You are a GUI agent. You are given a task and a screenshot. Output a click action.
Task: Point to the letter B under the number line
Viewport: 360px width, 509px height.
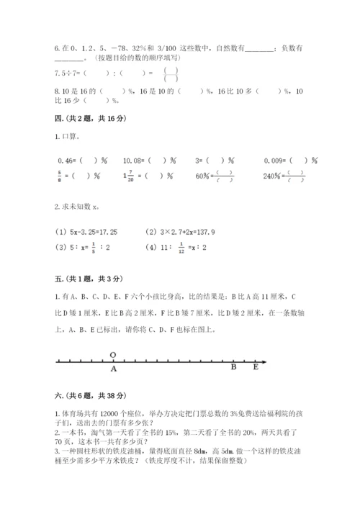tap(233, 367)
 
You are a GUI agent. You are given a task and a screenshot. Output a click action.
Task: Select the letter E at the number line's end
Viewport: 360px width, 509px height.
tap(254, 367)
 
